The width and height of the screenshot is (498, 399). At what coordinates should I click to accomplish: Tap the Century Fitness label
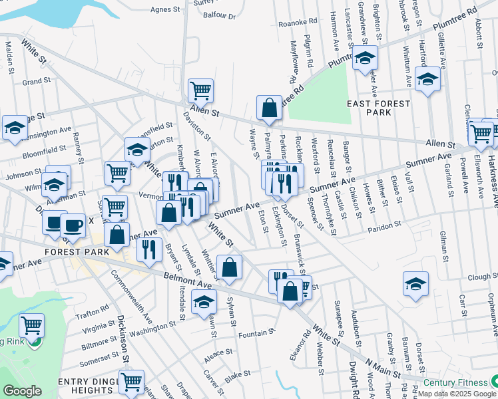(x=455, y=382)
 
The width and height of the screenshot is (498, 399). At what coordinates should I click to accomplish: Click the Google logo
(x=23, y=391)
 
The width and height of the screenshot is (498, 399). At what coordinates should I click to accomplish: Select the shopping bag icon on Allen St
(x=269, y=108)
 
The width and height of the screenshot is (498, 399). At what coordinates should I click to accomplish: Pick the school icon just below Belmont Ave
(x=204, y=303)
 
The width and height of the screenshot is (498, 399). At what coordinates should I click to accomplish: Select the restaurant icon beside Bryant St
(x=148, y=250)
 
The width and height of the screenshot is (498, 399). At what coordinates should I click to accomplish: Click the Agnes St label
(x=166, y=10)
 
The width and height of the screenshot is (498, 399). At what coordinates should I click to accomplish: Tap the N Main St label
(x=383, y=372)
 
